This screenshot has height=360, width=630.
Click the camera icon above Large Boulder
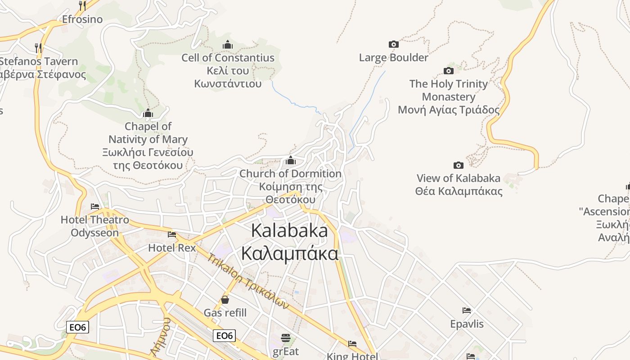click(394, 44)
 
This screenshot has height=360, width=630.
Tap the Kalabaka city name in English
click(289, 230)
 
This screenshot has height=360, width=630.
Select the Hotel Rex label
click(172, 247)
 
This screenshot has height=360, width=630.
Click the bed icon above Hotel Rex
click(172, 234)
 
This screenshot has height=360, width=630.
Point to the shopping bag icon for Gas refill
click(225, 300)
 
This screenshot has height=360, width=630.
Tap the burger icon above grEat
click(286, 337)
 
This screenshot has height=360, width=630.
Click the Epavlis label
click(467, 324)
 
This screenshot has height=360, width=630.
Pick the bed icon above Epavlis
click(467, 310)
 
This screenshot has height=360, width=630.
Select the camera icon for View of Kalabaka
click(459, 165)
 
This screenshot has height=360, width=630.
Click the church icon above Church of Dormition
click(291, 160)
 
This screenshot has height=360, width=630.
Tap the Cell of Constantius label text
click(228, 58)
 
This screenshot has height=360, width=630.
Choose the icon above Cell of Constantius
click(228, 45)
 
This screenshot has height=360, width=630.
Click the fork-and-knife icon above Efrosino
click(82, 6)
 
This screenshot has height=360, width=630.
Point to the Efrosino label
click(82, 19)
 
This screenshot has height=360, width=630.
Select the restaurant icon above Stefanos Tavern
click(38, 48)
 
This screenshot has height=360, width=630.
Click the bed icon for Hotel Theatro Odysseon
click(95, 207)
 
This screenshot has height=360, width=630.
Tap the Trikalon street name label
click(248, 281)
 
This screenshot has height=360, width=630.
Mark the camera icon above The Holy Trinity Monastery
click(449, 71)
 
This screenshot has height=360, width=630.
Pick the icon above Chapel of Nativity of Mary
click(148, 113)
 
